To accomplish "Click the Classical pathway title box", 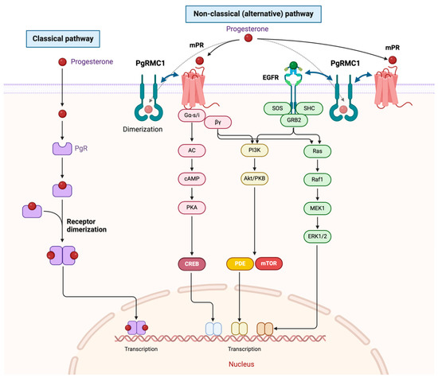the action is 63,39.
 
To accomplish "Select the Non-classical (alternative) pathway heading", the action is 253,14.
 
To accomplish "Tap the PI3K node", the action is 255,150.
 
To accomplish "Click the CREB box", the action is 192,264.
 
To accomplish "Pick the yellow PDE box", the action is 241,263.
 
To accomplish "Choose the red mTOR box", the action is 268,263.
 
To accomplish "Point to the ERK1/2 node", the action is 317,236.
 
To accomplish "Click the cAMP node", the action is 192,179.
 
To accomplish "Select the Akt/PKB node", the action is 255,178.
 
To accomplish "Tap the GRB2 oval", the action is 294,120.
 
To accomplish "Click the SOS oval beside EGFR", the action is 277,108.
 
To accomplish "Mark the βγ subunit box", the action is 218,123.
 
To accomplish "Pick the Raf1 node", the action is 317,180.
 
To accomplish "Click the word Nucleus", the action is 241,364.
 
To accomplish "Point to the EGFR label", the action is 271,77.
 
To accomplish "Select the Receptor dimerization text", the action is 87,225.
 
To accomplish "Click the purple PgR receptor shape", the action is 62,149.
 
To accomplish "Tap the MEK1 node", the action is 317,208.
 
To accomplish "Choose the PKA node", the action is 192,208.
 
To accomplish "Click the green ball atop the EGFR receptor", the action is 293,65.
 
